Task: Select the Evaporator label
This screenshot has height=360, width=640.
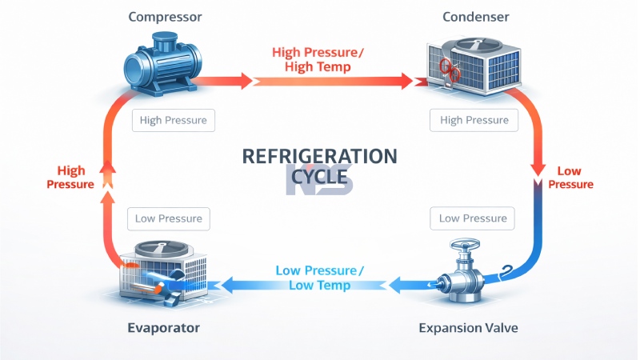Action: point(163,328)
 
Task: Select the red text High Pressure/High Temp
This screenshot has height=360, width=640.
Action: point(318,59)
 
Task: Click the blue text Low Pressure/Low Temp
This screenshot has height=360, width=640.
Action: point(319,277)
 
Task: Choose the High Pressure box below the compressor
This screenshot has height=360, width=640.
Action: point(174,121)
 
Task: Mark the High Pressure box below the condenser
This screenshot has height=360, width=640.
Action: point(474,121)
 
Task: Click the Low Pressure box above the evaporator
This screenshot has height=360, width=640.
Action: point(169,218)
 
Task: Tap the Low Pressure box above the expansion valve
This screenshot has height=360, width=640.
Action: point(472,218)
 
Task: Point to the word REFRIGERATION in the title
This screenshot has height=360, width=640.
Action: point(319,156)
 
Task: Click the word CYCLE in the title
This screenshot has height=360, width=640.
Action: point(319,181)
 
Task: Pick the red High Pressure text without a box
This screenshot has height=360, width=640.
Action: point(71,178)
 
